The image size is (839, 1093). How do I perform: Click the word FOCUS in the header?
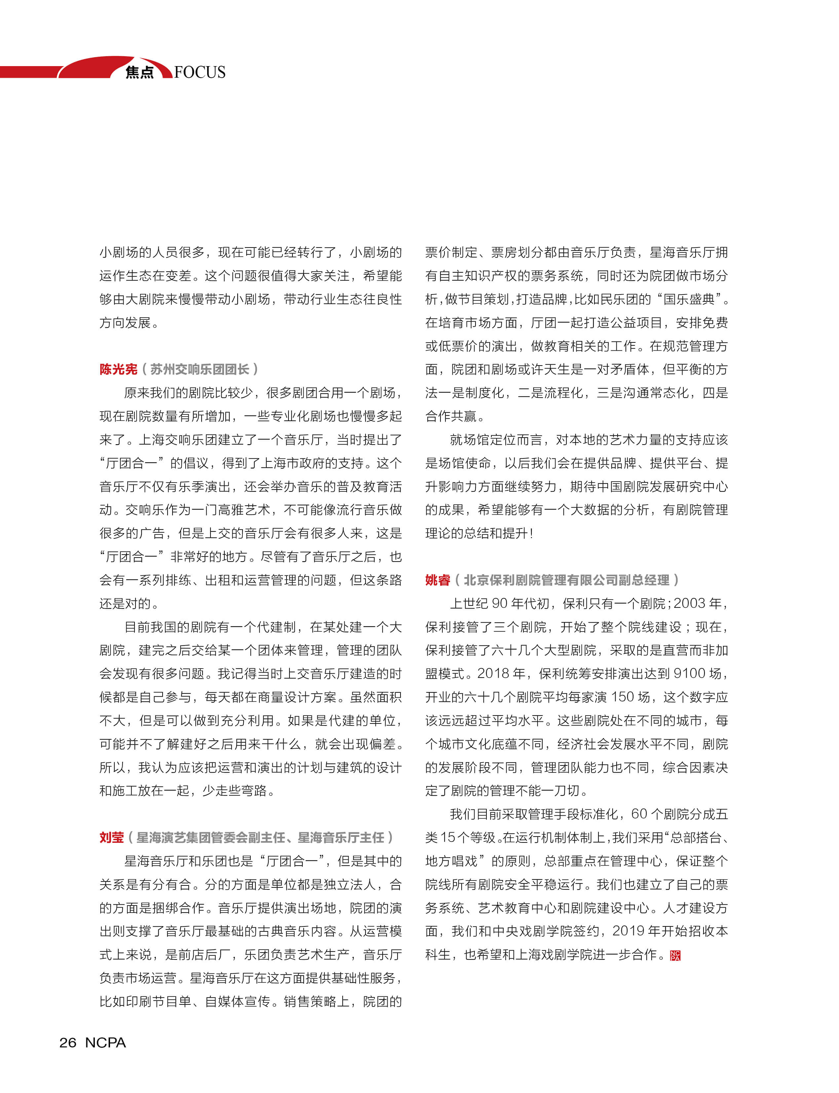coord(200,72)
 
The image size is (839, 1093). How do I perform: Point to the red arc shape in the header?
coord(95,66)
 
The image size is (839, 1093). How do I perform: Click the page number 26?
coord(68,1042)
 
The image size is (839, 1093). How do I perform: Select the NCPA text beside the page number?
coord(105,1042)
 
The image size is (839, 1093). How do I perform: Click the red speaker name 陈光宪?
coord(118,369)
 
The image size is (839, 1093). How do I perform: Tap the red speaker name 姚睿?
coord(438,580)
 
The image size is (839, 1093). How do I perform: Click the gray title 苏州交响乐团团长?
coord(200,369)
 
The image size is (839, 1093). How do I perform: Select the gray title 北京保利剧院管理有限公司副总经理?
coord(566,580)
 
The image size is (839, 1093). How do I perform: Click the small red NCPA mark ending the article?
coord(675,956)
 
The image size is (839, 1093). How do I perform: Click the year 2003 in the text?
coord(690,604)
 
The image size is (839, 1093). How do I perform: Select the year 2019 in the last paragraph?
coord(628,931)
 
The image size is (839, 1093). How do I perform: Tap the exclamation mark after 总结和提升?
coord(531,533)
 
